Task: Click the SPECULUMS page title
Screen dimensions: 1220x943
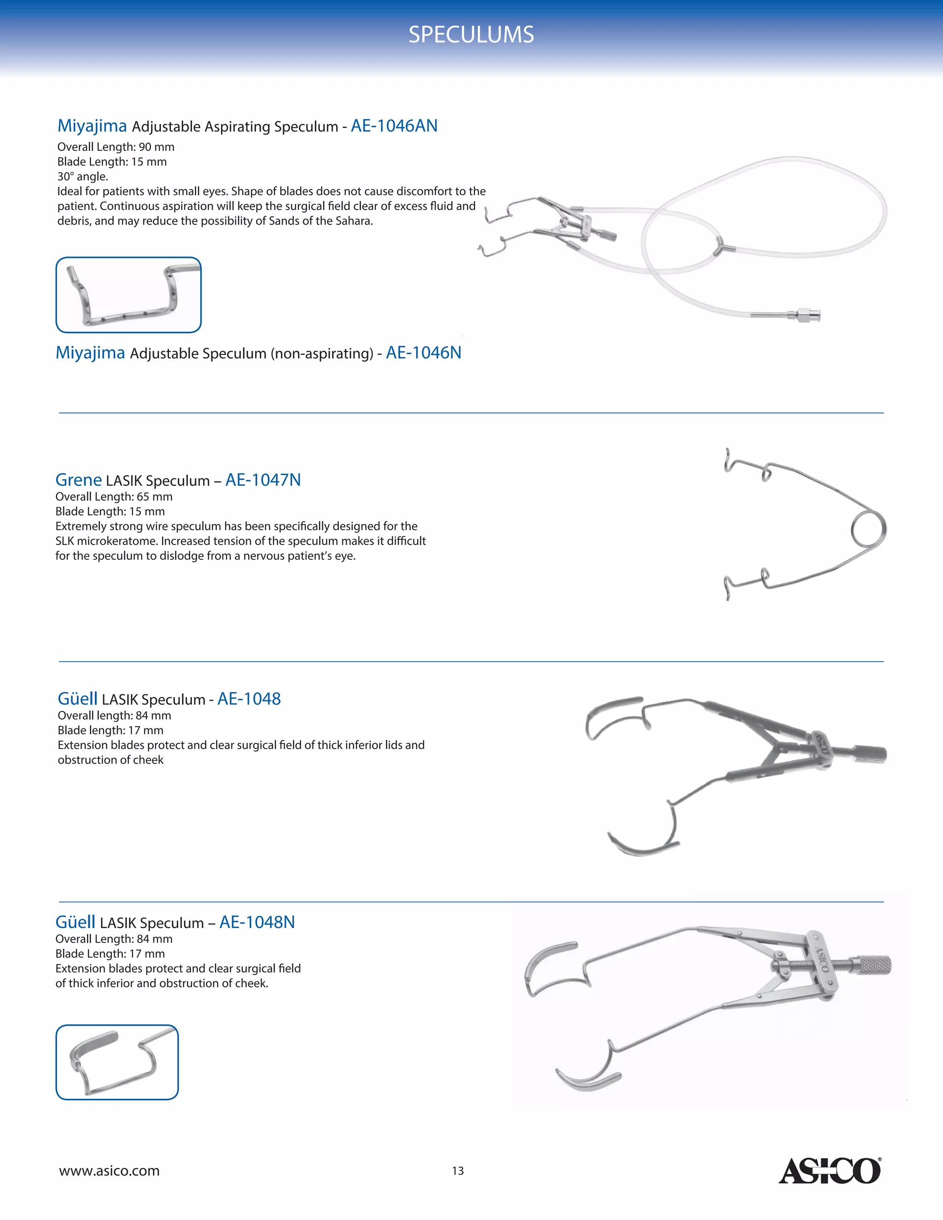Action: [x=471, y=35]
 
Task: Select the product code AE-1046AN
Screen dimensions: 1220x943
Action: [x=394, y=126]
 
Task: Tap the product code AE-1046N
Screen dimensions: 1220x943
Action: [x=424, y=353]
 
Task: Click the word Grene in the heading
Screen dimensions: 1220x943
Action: [x=78, y=479]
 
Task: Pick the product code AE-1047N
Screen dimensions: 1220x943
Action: [x=262, y=479]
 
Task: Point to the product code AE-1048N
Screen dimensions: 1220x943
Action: [x=257, y=922]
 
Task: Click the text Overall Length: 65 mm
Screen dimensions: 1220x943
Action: [x=114, y=497]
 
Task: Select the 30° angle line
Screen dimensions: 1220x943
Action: [x=83, y=176]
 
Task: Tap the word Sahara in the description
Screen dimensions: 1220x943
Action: [x=353, y=221]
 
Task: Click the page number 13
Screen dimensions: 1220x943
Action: [x=458, y=1171]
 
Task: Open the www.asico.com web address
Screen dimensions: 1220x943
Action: [x=110, y=1171]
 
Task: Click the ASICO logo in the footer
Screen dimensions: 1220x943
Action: [x=830, y=1171]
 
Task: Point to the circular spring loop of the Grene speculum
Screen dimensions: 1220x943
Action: [x=869, y=529]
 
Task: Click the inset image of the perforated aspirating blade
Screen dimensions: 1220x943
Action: [x=128, y=295]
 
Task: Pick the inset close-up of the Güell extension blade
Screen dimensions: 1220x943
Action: [x=117, y=1062]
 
